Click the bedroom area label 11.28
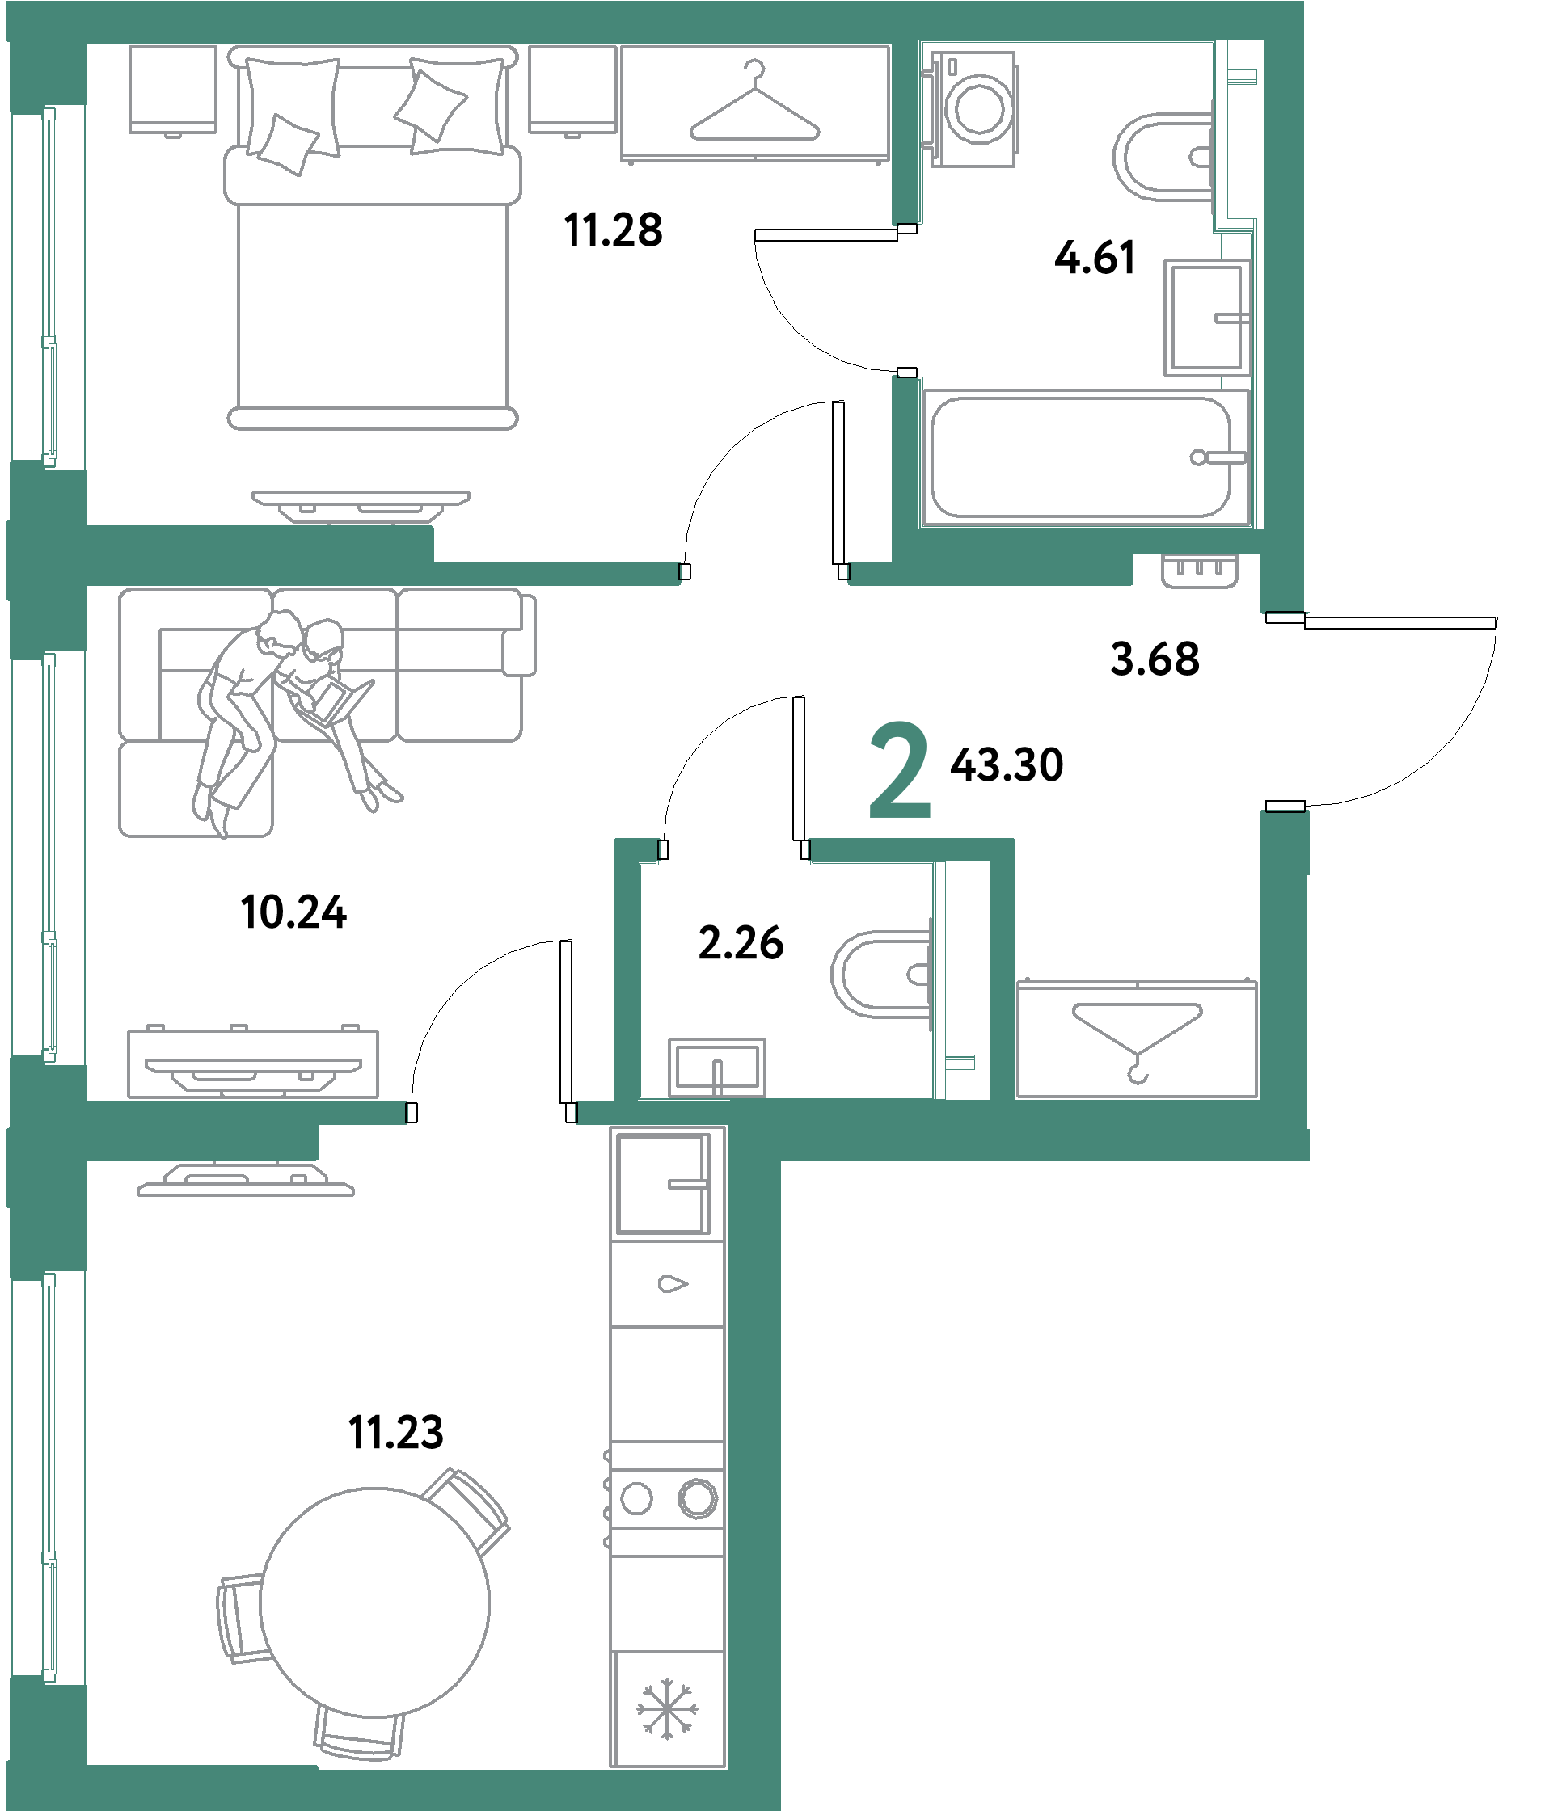(x=613, y=231)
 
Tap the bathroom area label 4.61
(x=1095, y=258)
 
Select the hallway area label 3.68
(x=1155, y=659)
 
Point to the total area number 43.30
(x=1007, y=764)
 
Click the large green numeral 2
(x=900, y=771)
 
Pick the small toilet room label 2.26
(x=741, y=943)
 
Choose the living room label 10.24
(x=293, y=912)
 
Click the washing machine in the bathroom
(x=973, y=108)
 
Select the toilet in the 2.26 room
(x=881, y=975)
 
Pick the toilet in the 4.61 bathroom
(x=1163, y=158)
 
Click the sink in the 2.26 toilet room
(x=717, y=1068)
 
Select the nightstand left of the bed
(x=173, y=90)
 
